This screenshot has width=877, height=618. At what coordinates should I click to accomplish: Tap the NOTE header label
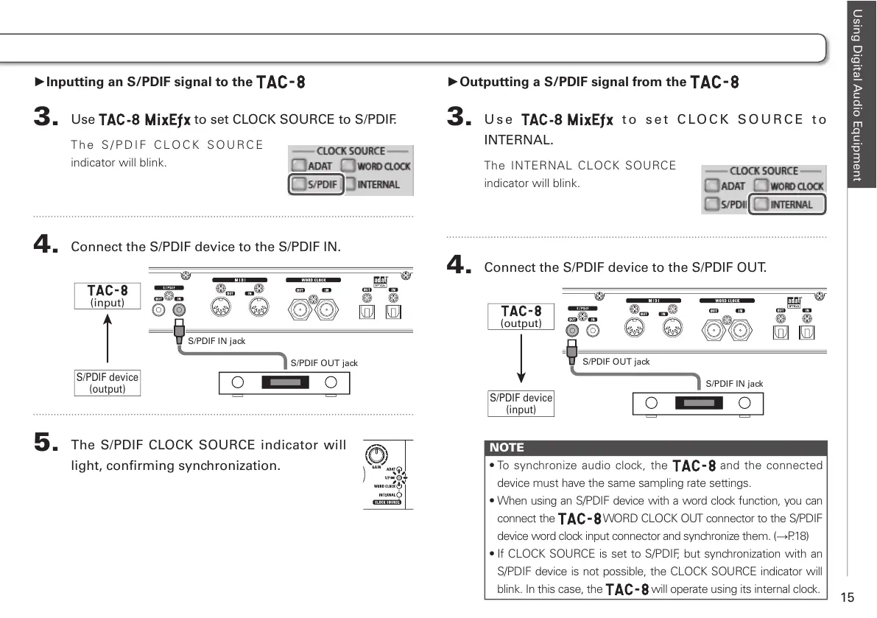click(x=507, y=447)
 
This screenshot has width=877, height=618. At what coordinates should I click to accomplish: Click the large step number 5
click(x=46, y=443)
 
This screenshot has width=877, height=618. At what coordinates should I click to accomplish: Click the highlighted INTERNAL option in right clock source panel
click(x=786, y=204)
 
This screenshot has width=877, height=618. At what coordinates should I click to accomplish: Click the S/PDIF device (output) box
click(x=108, y=383)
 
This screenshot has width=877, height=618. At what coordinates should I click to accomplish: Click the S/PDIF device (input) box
click(x=521, y=404)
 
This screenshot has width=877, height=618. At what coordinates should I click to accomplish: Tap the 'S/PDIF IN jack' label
click(x=216, y=341)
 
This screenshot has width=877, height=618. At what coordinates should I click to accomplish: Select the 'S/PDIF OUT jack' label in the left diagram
click(x=324, y=363)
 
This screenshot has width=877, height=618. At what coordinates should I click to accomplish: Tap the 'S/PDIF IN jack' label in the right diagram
click(x=734, y=384)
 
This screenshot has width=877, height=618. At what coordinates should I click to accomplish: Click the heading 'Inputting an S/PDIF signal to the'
click(x=149, y=82)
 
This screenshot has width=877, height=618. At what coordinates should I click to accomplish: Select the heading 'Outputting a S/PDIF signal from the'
click(x=573, y=82)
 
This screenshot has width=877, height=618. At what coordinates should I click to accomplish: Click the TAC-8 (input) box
click(x=108, y=296)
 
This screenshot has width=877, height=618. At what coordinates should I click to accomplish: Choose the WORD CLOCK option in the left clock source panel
click(x=376, y=166)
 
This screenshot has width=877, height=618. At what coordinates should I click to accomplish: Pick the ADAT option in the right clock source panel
click(x=725, y=186)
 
